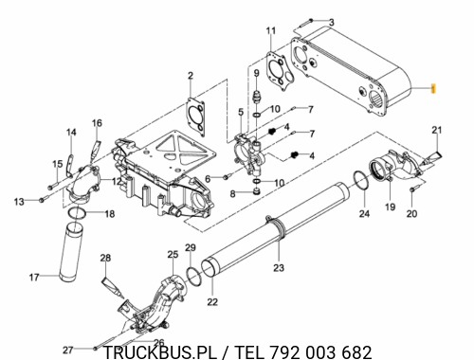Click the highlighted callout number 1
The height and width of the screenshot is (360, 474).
[x=433, y=89]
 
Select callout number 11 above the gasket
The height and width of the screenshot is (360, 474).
[x=271, y=30]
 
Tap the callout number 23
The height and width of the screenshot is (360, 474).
[x=279, y=268]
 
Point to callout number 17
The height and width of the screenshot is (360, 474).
[x=34, y=278]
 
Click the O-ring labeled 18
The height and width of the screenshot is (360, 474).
[x=77, y=213]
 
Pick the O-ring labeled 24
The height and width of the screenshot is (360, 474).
[x=361, y=181]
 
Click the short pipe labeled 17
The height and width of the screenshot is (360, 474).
[x=71, y=253]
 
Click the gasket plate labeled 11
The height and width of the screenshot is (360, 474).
[x=281, y=72]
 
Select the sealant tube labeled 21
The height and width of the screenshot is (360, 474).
[x=431, y=158]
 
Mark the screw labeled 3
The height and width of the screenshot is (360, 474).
[x=304, y=23]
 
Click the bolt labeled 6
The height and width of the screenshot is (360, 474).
[x=228, y=176]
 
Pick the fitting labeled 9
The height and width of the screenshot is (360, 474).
[x=257, y=96]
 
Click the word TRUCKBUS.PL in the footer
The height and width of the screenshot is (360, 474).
[x=160, y=352]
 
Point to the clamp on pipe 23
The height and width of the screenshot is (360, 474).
[x=278, y=225]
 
